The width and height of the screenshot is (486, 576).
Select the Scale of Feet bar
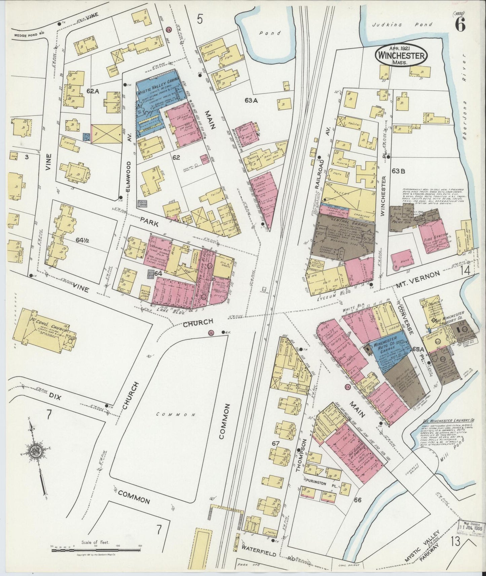pos(96,550)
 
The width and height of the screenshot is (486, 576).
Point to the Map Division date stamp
pos(472,536)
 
